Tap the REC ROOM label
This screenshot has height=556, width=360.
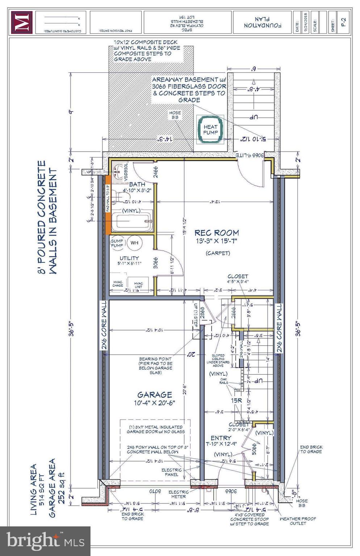click(x=217, y=233)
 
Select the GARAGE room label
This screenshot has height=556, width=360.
click(x=155, y=395)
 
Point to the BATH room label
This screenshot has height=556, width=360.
click(x=129, y=184)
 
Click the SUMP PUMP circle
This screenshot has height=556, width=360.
click(x=117, y=243)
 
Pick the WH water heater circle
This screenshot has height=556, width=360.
click(x=134, y=243)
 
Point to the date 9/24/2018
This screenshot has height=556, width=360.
click(x=305, y=23)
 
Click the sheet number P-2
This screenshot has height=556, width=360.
click(x=344, y=22)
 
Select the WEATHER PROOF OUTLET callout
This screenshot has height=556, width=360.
click(x=298, y=521)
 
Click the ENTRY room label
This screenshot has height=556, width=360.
click(x=221, y=438)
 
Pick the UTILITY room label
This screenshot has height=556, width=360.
click(x=129, y=258)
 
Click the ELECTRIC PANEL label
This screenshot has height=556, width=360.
click(x=171, y=472)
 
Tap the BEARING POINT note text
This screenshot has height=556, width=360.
click(x=156, y=366)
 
